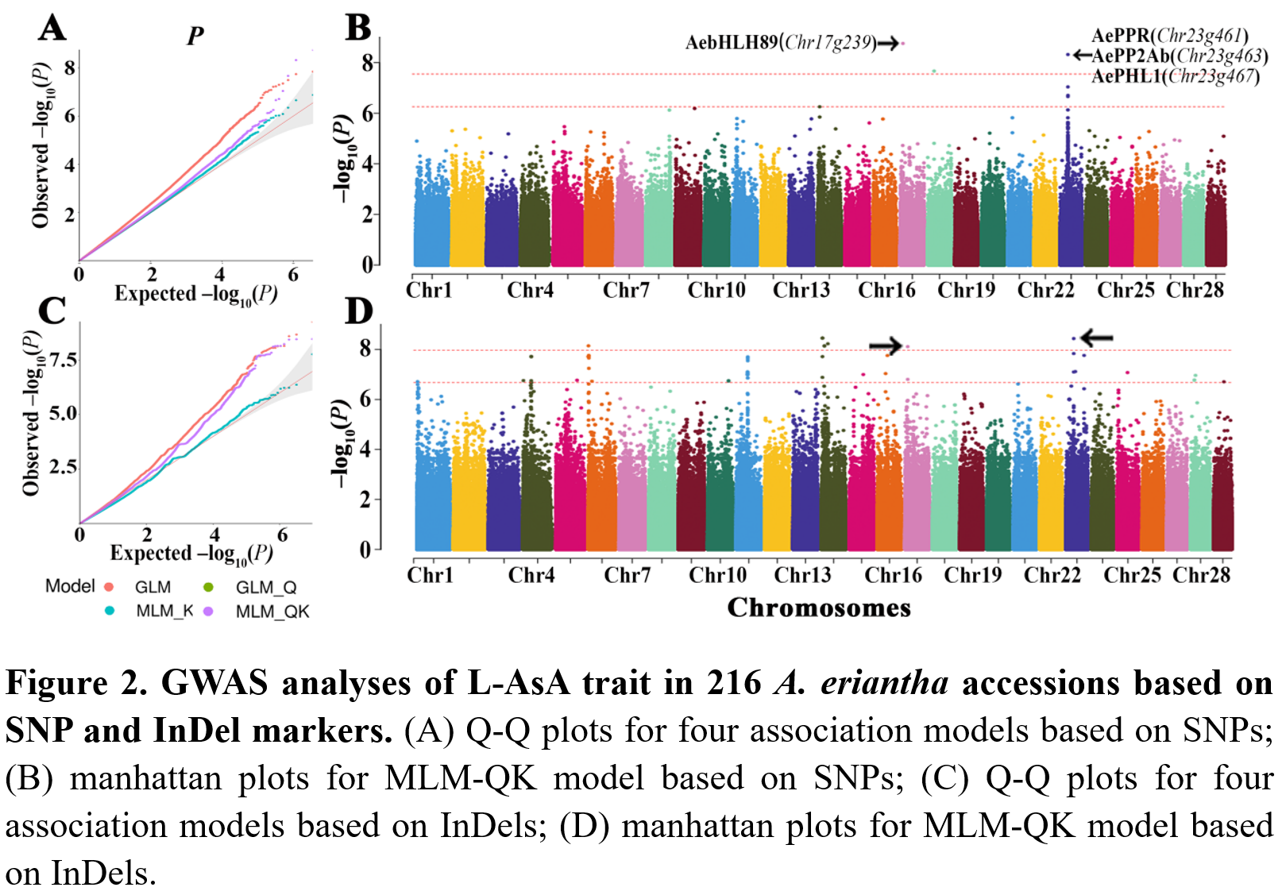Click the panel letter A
(x=52, y=28)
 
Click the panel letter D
(x=358, y=311)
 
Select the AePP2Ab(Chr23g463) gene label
(x=1180, y=56)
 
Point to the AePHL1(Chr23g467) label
(x=1175, y=76)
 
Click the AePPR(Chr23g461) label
(x=1169, y=36)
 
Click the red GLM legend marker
(x=109, y=587)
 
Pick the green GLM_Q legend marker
(x=209, y=587)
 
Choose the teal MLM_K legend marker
(x=110, y=611)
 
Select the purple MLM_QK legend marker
(x=209, y=611)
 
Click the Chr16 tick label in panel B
(x=886, y=290)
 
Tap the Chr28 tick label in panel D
(x=1201, y=574)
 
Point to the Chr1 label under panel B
(x=429, y=290)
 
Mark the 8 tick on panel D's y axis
(x=365, y=348)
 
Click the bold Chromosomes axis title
(x=819, y=608)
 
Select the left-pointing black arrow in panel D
(x=1097, y=338)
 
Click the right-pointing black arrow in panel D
(x=886, y=345)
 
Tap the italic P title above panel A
(x=195, y=36)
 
